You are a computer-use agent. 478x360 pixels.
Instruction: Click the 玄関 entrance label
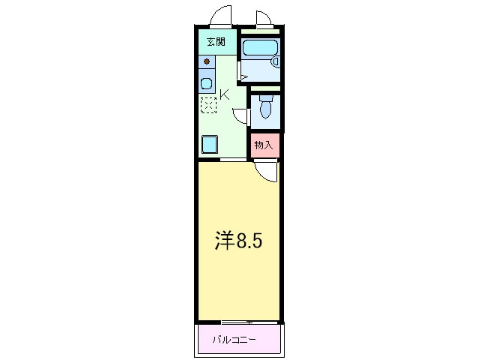pos(216,42)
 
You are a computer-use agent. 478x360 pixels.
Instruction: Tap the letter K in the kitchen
pos(225,94)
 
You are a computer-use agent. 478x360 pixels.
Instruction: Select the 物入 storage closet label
pos(263,145)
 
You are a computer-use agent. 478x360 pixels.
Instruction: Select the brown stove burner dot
pos(207,61)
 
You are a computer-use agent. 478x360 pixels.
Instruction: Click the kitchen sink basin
pos(207,82)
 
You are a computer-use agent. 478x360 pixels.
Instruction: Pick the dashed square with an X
pos(208,105)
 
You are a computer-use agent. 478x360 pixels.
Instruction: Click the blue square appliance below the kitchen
pos(210,143)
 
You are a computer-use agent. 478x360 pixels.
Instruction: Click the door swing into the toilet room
pos(241,115)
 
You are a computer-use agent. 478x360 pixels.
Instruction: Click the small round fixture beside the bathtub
pos(275,61)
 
